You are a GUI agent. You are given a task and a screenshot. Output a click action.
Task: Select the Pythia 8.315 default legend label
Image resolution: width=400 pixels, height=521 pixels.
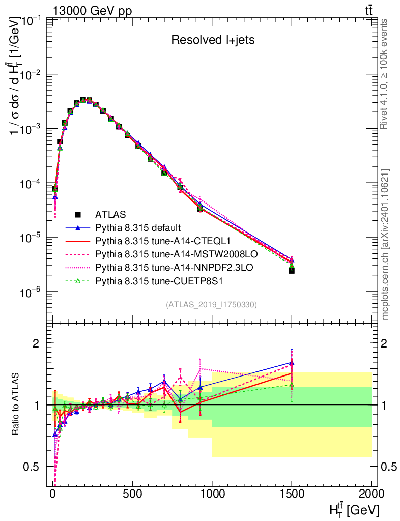pyautogui.click(x=138, y=227)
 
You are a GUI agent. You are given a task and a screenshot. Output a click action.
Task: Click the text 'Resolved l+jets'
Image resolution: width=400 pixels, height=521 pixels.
pyautogui.click(x=213, y=40)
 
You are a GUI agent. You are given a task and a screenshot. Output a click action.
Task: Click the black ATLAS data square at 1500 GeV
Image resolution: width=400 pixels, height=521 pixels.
pyautogui.click(x=292, y=271)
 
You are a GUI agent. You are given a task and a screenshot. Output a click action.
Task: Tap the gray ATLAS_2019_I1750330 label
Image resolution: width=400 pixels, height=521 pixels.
pyautogui.click(x=211, y=305)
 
